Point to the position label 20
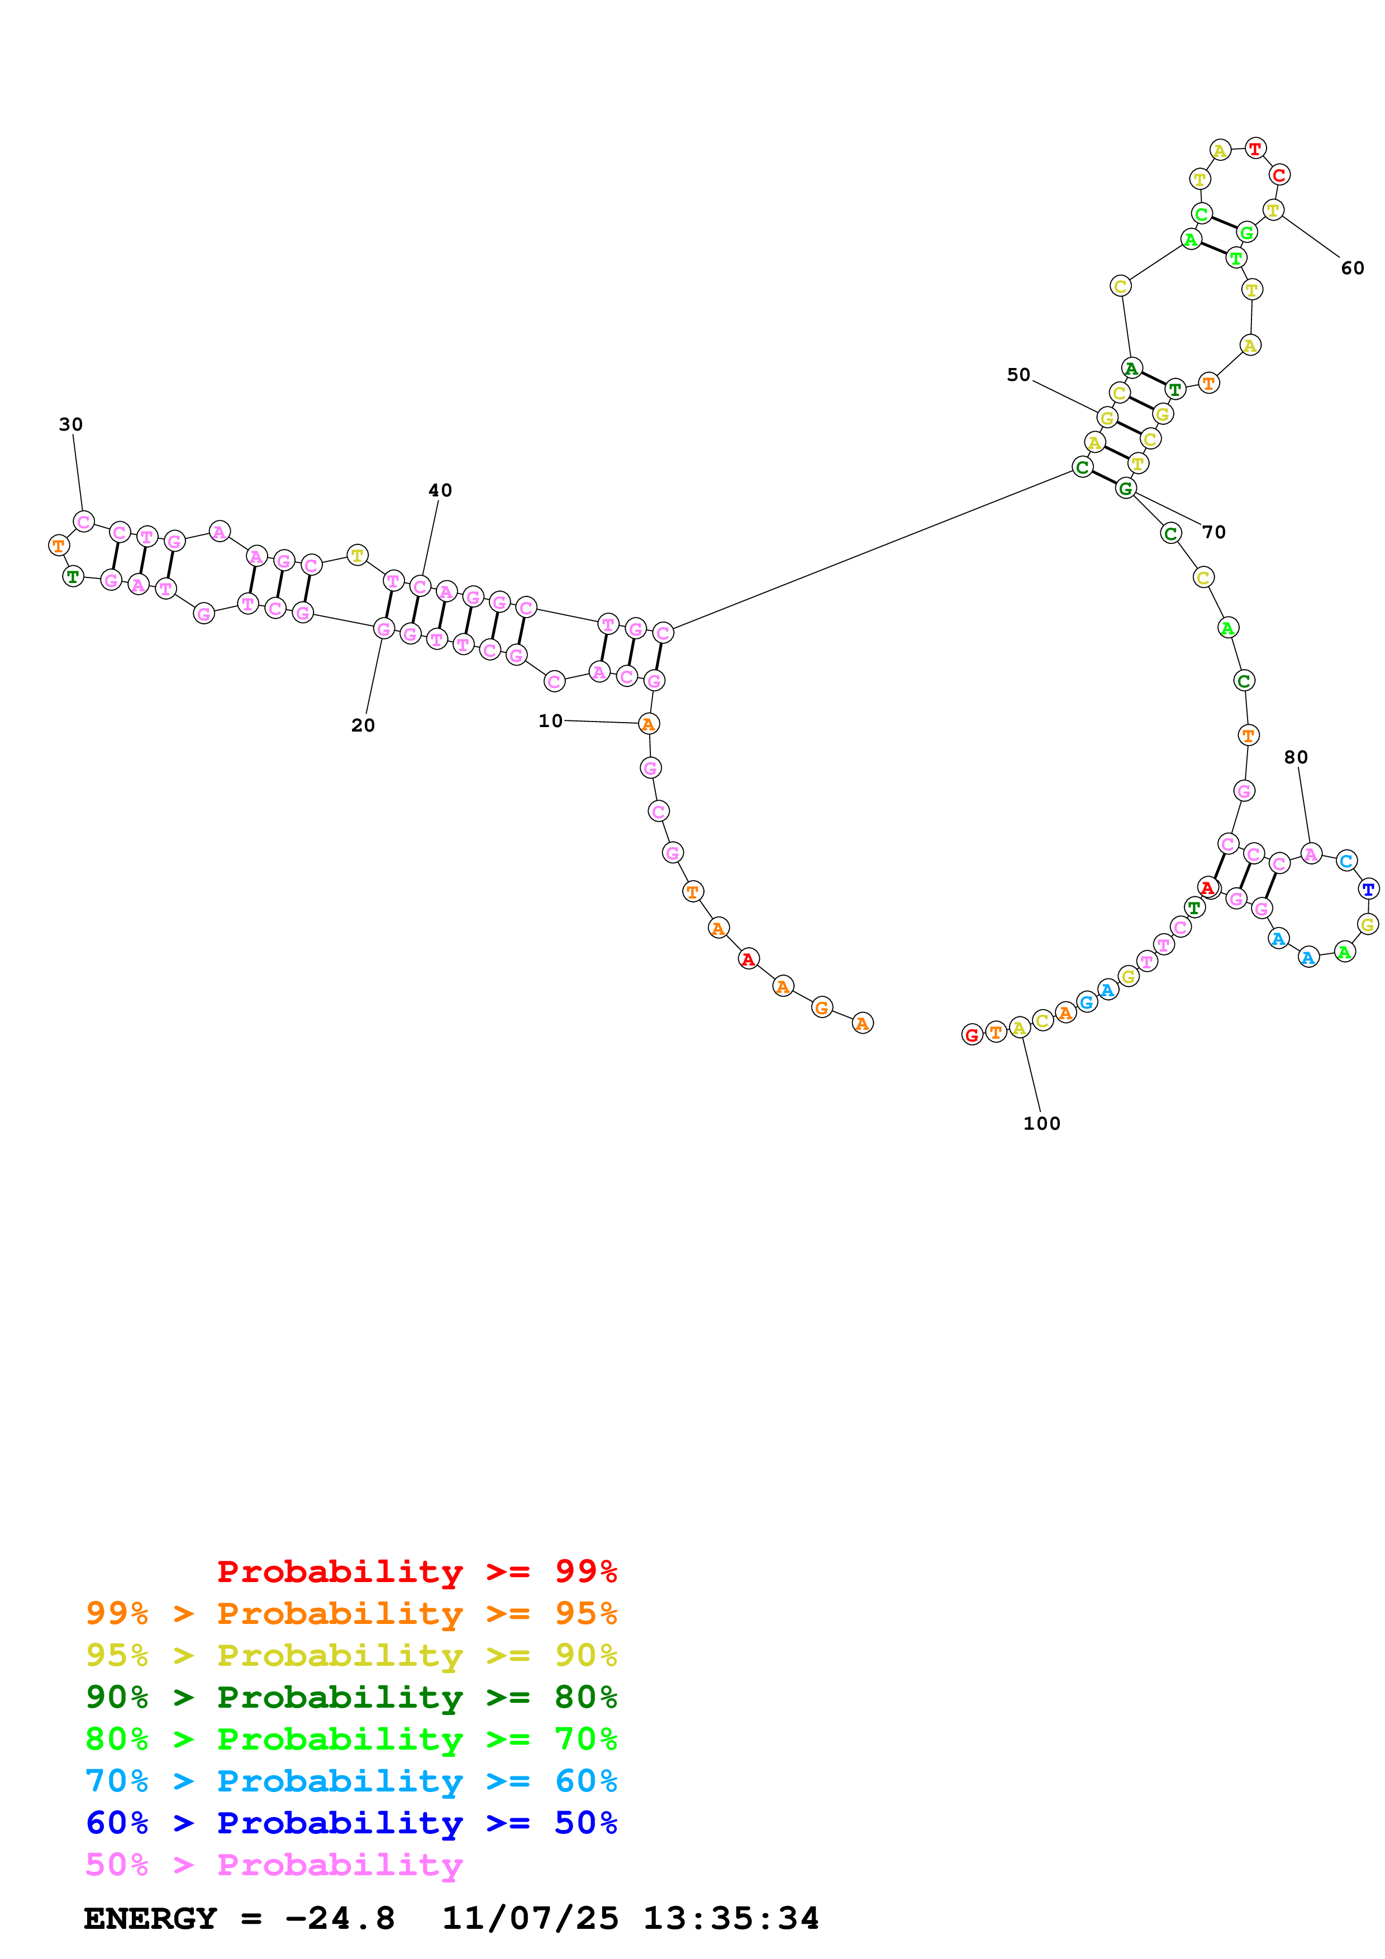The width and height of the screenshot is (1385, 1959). point(363,725)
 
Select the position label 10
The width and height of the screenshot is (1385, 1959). point(550,721)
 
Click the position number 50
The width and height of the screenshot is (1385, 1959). point(1018,375)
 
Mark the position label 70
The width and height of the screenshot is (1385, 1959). point(1213,532)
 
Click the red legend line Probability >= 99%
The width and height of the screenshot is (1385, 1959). point(416,1571)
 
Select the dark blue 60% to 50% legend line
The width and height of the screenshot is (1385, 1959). point(351,1823)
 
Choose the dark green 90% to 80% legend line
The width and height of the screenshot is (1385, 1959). point(351,1697)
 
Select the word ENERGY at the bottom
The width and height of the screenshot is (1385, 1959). point(150,1918)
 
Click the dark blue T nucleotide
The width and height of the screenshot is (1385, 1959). point(1368,889)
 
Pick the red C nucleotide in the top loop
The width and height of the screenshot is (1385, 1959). point(1278,175)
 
